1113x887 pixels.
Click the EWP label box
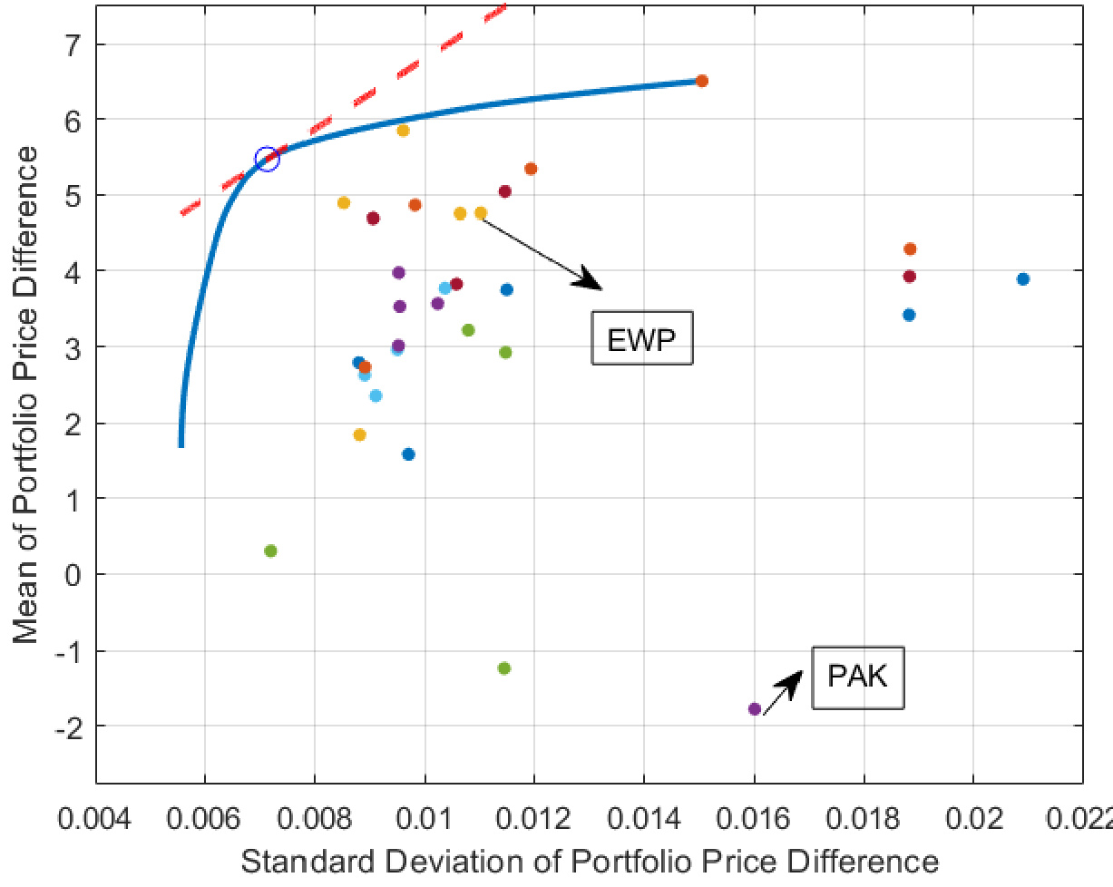(x=642, y=338)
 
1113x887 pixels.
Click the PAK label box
(x=858, y=677)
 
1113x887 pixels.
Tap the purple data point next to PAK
(x=754, y=708)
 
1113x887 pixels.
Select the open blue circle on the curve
(x=267, y=159)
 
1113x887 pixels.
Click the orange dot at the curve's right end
(x=701, y=81)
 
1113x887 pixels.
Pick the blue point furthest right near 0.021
(x=1023, y=278)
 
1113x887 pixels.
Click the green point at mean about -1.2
(x=504, y=668)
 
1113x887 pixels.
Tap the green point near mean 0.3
(x=270, y=551)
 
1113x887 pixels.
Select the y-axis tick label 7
(x=73, y=44)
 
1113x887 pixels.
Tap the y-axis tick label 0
(x=73, y=574)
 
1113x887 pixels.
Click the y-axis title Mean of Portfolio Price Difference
(x=27, y=395)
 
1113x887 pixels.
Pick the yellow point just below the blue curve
(x=403, y=131)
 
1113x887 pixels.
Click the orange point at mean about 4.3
(x=910, y=249)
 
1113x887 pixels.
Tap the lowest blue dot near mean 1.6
(x=408, y=454)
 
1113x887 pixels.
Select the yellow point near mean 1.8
(x=359, y=435)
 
